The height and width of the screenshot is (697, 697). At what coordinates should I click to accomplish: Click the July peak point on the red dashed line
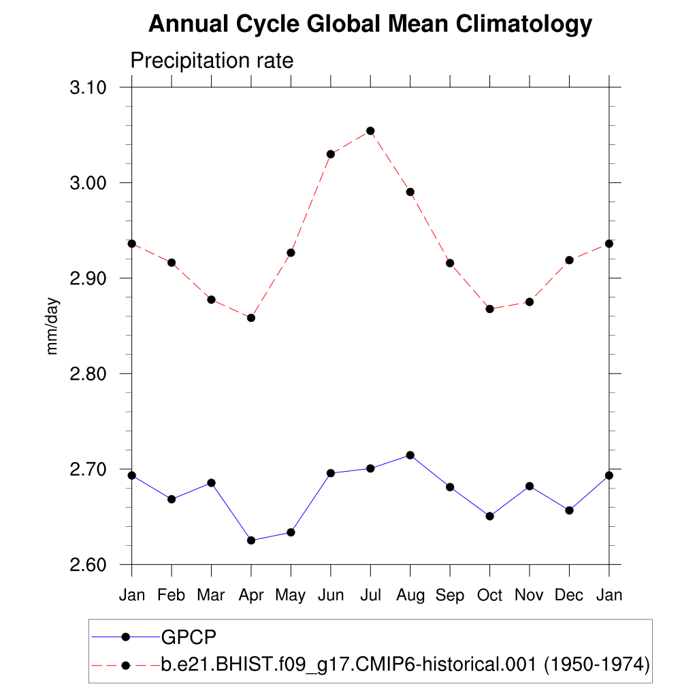370,131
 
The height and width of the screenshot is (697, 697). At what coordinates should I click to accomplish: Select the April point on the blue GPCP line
251,540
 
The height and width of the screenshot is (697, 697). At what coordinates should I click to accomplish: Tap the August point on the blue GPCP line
410,455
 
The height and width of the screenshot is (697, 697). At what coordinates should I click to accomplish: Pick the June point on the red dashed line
330,154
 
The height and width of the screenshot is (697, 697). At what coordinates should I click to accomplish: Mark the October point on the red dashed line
489,309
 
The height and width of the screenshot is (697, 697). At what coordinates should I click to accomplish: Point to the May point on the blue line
291,532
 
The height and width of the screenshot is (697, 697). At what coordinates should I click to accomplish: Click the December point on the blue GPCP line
569,510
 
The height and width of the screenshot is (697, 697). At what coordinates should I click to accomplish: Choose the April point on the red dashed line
251,318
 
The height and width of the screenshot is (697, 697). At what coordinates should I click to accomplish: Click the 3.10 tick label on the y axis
89,88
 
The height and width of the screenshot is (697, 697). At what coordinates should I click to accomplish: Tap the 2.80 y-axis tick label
89,374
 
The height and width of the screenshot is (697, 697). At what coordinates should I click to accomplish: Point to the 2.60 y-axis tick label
89,565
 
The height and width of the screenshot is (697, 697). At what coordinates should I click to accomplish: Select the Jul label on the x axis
370,596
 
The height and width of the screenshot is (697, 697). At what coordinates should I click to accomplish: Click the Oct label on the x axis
489,596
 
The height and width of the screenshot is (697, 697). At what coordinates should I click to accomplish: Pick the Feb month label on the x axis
171,596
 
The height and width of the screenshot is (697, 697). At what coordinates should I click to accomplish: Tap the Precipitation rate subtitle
212,61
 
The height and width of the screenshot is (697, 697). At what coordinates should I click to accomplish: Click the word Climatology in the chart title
524,25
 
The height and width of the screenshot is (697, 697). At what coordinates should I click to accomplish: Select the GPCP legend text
189,637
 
